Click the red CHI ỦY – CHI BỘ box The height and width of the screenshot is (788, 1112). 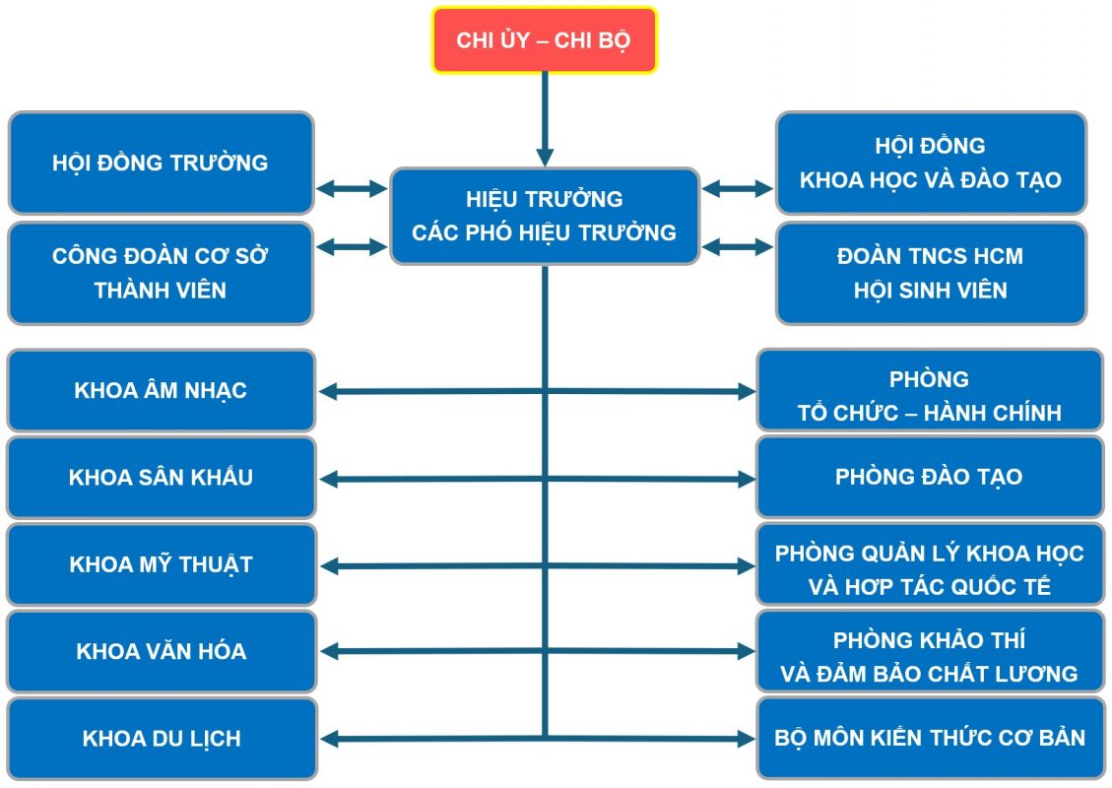pos(544,40)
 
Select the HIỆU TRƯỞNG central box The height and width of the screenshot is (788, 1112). pos(544,216)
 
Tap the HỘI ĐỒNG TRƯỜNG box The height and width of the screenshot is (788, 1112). pos(161,163)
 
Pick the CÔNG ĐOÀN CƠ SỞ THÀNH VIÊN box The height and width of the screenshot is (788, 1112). pos(161,273)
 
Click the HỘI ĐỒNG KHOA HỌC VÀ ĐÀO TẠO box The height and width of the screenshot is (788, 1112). pos(930,163)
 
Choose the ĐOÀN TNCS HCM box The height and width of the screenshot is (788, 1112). pos(930,273)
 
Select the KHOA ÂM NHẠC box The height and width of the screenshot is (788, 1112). pos(161,390)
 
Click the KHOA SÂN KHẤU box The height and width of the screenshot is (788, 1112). pos(161,478)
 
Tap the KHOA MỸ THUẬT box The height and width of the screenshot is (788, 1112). pos(161,564)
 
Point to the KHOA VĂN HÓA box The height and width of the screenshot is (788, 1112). pos(161,651)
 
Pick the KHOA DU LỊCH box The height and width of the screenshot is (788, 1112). pos(161,739)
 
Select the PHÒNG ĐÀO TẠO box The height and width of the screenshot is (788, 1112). pos(929,478)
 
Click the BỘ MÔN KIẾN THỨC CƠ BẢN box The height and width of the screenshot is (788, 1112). pos(929,739)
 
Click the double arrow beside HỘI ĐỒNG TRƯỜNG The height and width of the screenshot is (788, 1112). pos(352,188)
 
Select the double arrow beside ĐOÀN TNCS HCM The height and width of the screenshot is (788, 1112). pos(738,247)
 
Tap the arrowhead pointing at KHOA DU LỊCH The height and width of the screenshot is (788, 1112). pos(329,739)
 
